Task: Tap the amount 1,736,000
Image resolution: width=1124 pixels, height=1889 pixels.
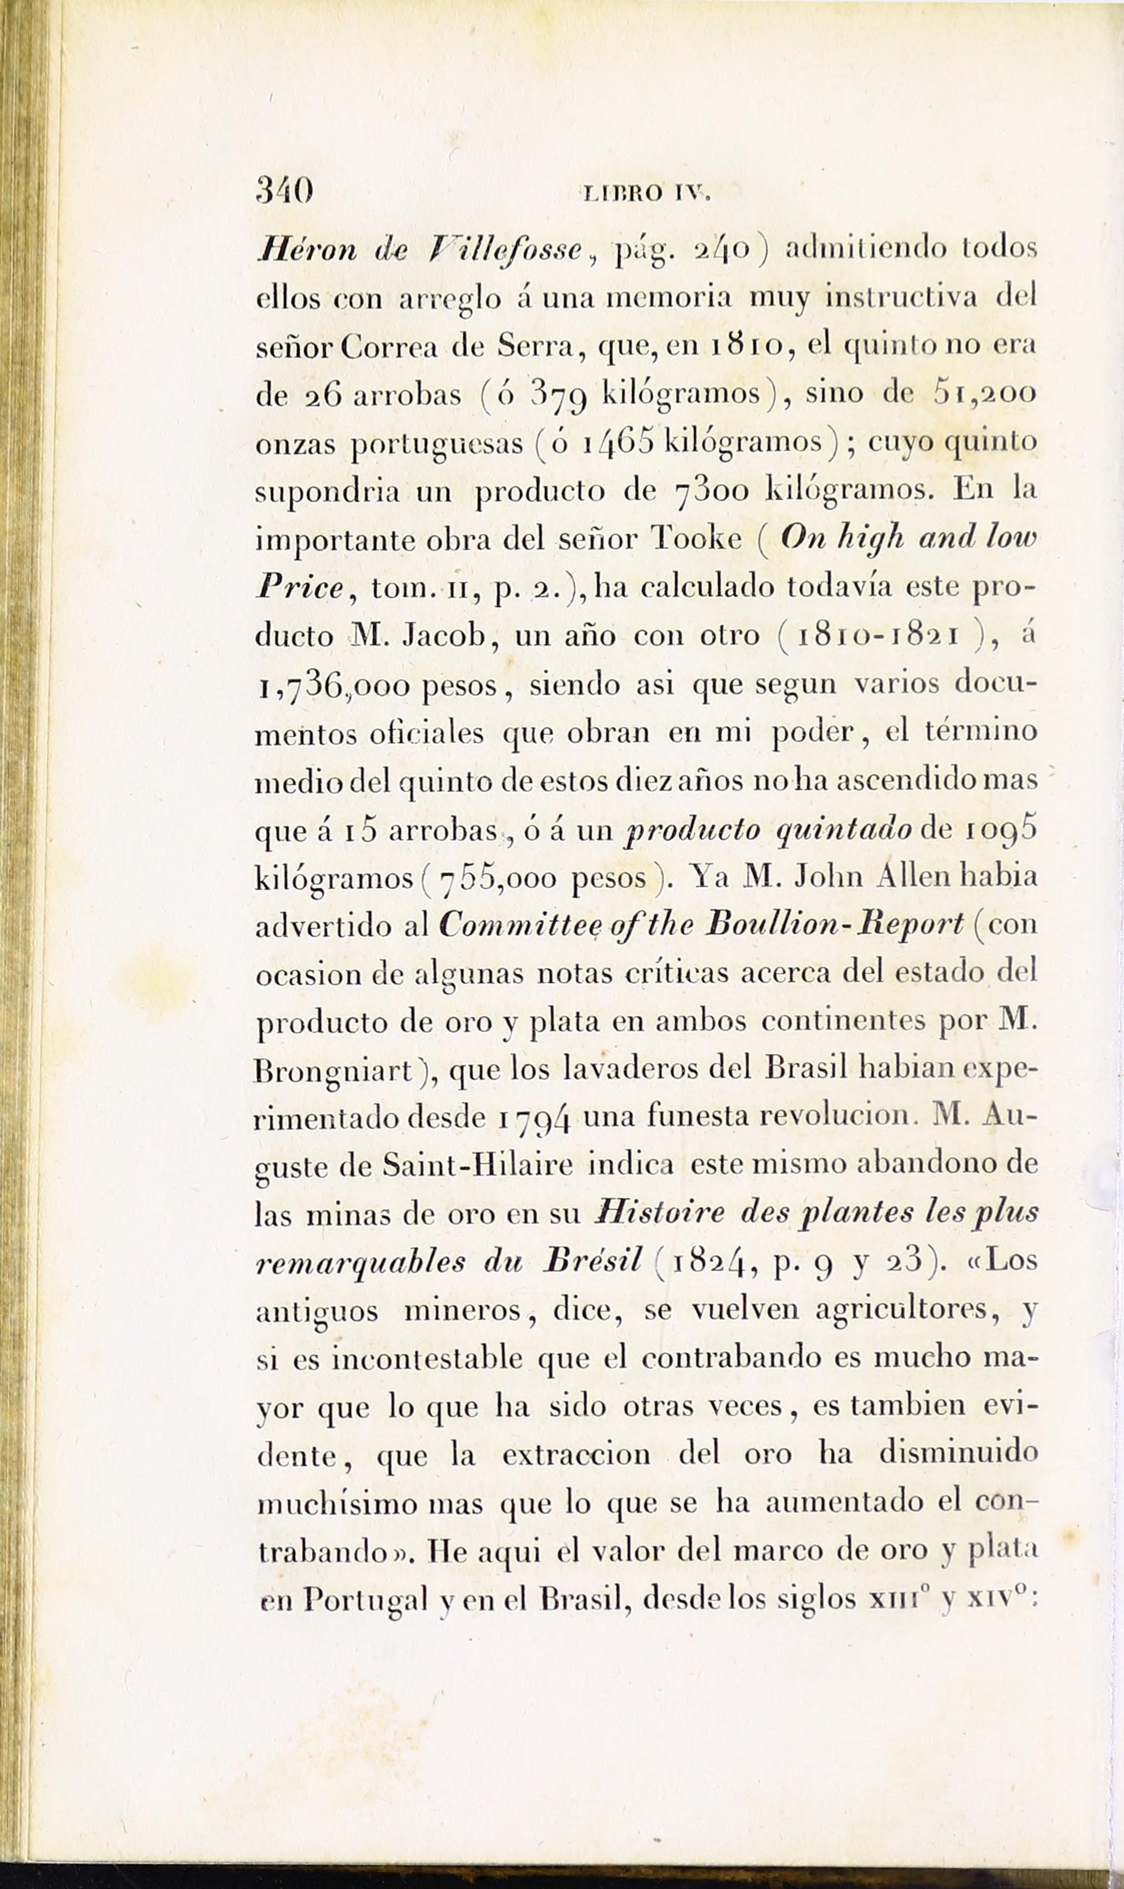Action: coord(333,686)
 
